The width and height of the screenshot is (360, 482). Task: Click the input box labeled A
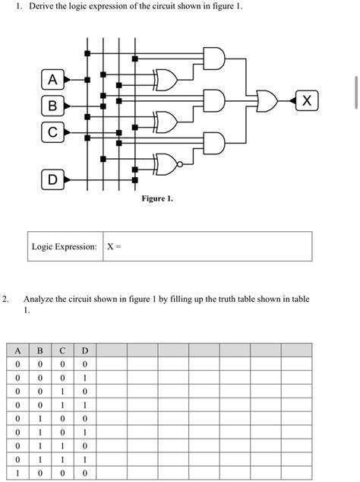click(52, 79)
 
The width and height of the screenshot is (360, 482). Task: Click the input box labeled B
click(52, 105)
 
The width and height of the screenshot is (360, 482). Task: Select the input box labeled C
click(52, 131)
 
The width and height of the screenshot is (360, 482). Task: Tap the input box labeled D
click(52, 180)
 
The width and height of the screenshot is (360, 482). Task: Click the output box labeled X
click(305, 100)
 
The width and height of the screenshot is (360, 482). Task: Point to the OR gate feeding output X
click(267, 100)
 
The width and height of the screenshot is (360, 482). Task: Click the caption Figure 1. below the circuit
click(157, 199)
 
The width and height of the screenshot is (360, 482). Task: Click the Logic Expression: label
click(65, 247)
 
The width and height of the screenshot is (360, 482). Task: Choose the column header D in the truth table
click(85, 350)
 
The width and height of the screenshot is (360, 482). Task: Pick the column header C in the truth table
click(62, 350)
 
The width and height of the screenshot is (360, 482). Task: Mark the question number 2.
click(5, 300)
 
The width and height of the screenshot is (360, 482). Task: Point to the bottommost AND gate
click(213, 142)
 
